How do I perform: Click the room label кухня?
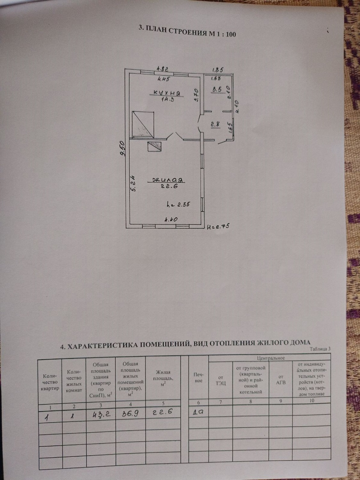166,93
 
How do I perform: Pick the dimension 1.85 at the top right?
218,69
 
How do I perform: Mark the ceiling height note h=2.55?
179,204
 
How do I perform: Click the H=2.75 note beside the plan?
219,226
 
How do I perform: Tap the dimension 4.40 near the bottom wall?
171,220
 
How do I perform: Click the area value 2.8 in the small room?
215,124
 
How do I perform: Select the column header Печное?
198,378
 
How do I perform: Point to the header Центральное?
270,358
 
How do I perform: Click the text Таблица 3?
320,349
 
